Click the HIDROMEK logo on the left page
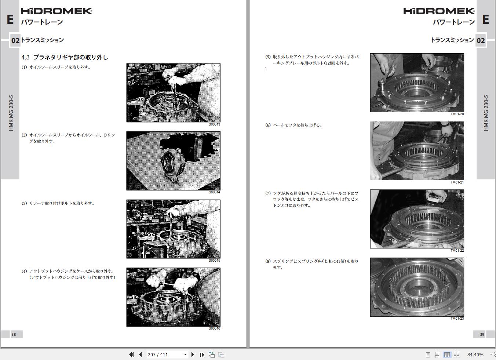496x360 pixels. (x=56, y=11)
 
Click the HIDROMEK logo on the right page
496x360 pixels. (x=439, y=11)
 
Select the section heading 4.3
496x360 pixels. (x=65, y=57)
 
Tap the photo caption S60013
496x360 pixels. (x=214, y=124)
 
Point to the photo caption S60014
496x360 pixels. (x=214, y=192)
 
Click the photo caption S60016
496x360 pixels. (x=214, y=328)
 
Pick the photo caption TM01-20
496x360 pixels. (x=457, y=114)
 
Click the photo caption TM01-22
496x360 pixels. (x=457, y=251)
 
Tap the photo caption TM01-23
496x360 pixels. (x=457, y=319)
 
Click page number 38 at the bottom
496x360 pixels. (x=14, y=335)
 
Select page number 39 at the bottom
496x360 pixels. (x=482, y=335)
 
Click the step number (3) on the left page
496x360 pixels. (x=24, y=203)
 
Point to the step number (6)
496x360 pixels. (x=268, y=125)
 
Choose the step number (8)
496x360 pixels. (x=268, y=261)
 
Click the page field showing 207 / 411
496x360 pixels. (x=167, y=355)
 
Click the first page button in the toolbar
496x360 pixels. (x=131, y=355)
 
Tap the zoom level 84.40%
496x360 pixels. (x=475, y=355)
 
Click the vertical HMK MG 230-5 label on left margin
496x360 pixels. (x=11, y=113)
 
